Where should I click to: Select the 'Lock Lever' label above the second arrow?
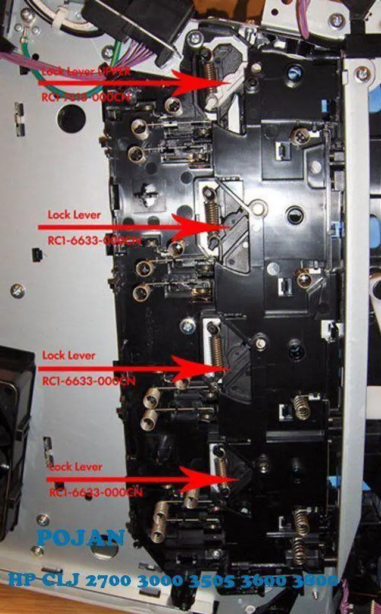pyautogui.click(x=74, y=214)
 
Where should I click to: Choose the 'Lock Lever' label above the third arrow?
pyautogui.click(x=68, y=355)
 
